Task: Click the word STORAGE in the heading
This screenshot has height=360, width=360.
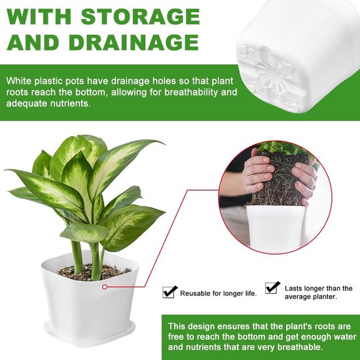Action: click(x=141, y=16)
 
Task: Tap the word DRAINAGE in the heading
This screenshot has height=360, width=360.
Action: click(x=134, y=43)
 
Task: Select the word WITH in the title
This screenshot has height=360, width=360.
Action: click(x=39, y=16)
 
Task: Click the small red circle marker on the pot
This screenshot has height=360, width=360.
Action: click(x=105, y=287)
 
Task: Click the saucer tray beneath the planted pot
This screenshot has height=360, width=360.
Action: click(x=90, y=333)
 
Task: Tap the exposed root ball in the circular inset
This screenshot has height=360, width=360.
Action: click(x=278, y=181)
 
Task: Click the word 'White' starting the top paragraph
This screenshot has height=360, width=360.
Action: click(x=19, y=81)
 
